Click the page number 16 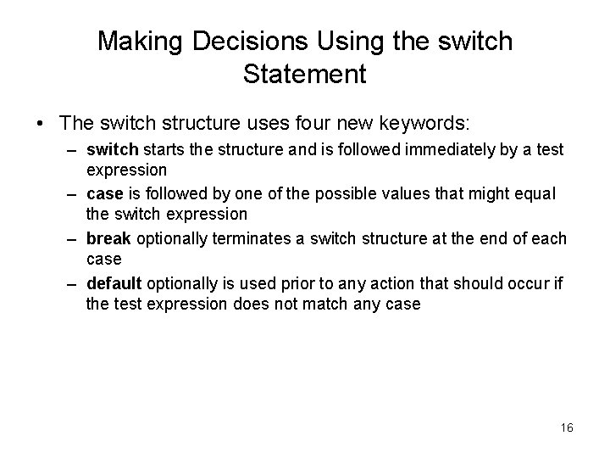pyautogui.click(x=566, y=427)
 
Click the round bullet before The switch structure pyautogui.click(x=41, y=122)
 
